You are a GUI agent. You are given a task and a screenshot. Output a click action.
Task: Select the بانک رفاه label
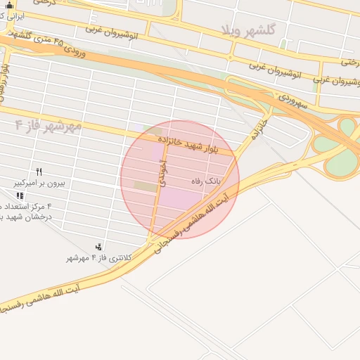[x=206, y=181]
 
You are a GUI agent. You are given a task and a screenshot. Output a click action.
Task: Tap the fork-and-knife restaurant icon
[x=39, y=172]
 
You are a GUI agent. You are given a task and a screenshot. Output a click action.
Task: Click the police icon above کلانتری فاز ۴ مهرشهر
[x=98, y=247]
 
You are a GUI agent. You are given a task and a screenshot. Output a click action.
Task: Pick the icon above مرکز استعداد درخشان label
[x=20, y=195]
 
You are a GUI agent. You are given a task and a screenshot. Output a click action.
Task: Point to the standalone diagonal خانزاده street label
[x=261, y=129]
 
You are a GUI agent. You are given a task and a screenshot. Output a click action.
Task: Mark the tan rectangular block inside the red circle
[x=146, y=186]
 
